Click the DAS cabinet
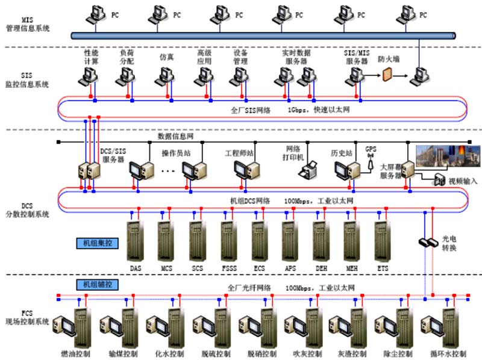(x=135, y=240)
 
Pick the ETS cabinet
(x=382, y=240)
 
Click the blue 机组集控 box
(x=97, y=244)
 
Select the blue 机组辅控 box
(x=97, y=284)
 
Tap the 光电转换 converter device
(x=428, y=242)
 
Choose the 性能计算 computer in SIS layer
(x=90, y=76)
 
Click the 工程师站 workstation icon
(x=244, y=171)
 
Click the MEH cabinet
(x=351, y=240)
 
